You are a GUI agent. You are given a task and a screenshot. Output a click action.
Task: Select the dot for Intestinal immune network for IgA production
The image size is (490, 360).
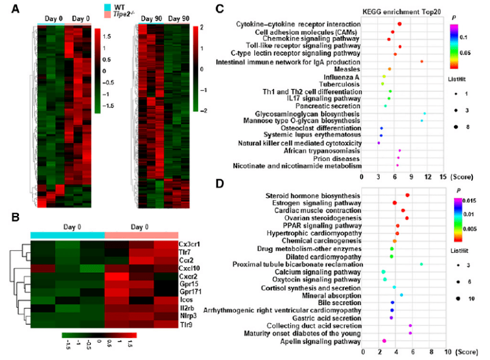[x=421, y=61]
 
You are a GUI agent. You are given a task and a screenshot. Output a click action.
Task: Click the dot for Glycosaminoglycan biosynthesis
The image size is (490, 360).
[x=424, y=114]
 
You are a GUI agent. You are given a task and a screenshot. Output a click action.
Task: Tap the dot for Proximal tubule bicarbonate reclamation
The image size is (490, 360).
[x=421, y=264]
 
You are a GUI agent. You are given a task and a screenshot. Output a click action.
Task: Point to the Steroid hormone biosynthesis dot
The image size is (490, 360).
[x=407, y=196]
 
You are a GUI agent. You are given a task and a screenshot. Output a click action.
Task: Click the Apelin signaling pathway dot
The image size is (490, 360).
[x=383, y=341]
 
